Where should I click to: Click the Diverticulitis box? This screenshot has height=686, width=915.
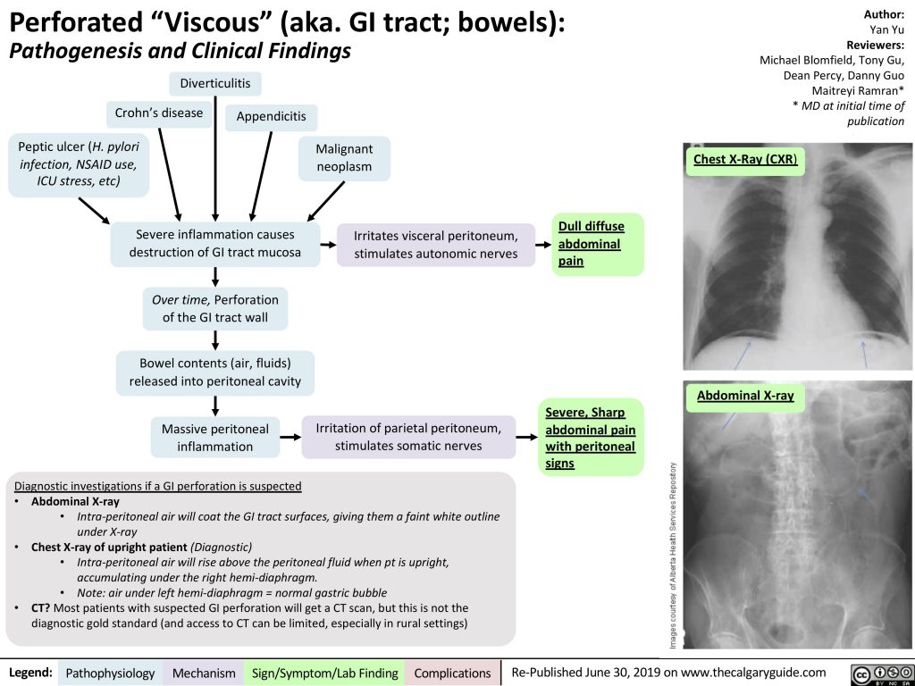coord(215,84)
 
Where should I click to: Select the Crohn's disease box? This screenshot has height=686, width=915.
coord(159,113)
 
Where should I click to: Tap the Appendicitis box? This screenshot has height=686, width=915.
coord(272,117)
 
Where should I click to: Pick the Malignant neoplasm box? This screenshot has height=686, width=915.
coord(344,158)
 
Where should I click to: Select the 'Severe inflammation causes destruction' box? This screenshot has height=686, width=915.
coord(214,244)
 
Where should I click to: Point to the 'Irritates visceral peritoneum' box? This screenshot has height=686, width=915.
coord(435,244)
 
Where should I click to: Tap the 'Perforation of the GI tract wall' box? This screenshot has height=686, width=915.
coord(214,308)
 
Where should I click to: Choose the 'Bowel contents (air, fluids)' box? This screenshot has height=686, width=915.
coord(214,372)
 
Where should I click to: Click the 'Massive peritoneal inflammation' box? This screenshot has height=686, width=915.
coord(214,437)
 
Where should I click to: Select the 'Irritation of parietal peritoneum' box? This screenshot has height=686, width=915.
coord(407,437)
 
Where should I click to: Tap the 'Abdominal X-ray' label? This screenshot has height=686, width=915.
coord(744,396)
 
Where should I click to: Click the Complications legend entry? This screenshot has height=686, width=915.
coord(451,673)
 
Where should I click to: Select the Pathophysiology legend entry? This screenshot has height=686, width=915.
coord(111,673)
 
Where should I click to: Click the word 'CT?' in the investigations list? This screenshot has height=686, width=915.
coord(41,608)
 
